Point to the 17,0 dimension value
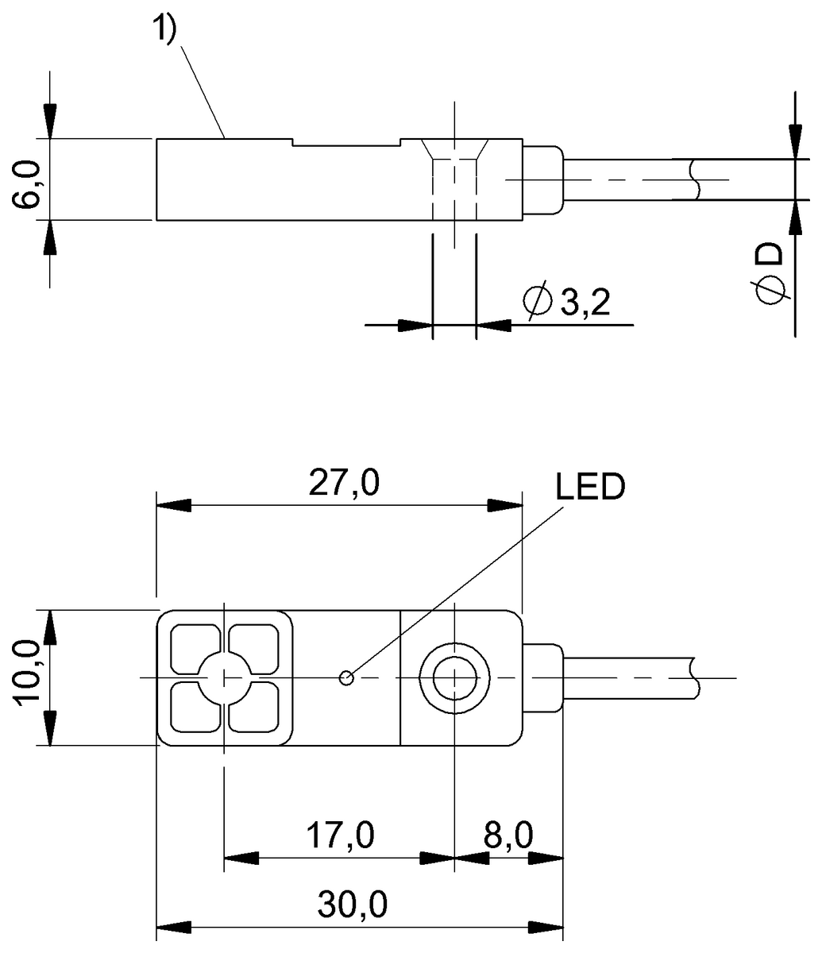point(341,835)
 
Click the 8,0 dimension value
point(508,835)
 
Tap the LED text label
point(590,487)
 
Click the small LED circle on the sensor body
point(346,677)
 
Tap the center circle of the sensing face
point(225,677)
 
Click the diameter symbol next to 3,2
point(536,301)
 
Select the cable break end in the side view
point(697,179)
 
